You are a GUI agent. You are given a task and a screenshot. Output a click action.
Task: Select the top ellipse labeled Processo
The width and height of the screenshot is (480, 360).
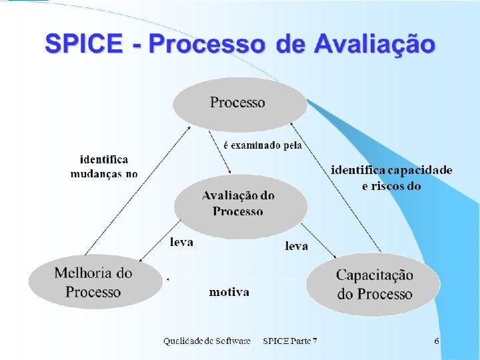click(x=239, y=103)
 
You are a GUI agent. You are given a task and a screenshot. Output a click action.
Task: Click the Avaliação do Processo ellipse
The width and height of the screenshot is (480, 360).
click(x=239, y=203)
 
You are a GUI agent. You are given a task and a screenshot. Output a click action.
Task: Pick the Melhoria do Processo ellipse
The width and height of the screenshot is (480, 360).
click(x=93, y=282)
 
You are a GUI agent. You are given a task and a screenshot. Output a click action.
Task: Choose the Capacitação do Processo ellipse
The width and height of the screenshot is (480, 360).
click(x=374, y=285)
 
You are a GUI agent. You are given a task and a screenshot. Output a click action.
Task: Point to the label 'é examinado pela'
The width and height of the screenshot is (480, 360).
click(x=261, y=145)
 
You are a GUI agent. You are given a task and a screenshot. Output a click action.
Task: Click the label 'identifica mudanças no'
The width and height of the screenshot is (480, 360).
click(x=104, y=167)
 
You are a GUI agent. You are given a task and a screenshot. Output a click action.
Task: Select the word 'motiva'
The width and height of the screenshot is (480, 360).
click(x=229, y=292)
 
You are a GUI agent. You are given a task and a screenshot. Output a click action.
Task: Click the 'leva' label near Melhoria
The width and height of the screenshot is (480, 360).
click(x=181, y=243)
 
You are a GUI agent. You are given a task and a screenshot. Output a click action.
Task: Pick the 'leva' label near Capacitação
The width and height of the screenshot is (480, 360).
click(x=297, y=246)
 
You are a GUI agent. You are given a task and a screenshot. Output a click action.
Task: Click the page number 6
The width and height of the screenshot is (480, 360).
click(x=436, y=341)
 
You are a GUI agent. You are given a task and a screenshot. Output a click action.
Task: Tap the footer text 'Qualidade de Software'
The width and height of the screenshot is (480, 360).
click(x=207, y=341)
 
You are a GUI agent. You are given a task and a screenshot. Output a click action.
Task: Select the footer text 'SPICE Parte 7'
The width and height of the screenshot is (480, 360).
click(x=290, y=341)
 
